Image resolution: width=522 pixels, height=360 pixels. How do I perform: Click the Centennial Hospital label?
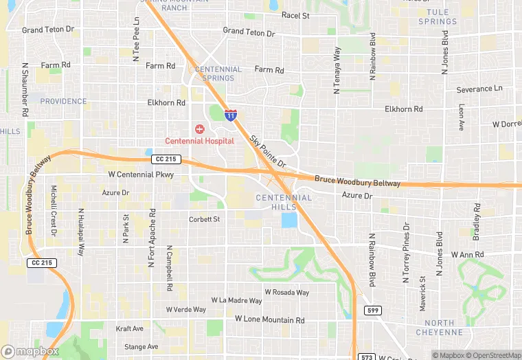198,141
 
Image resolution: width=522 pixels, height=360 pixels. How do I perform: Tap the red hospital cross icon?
199,129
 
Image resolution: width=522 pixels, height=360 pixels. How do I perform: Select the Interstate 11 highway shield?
231,115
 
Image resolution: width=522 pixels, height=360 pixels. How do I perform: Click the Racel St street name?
295,15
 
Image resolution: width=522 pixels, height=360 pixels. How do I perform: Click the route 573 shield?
366,356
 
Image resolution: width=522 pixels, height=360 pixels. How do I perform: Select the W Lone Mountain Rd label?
269,320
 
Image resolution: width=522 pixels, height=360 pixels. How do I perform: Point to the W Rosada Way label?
286,292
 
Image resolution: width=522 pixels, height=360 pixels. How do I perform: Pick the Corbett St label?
204,220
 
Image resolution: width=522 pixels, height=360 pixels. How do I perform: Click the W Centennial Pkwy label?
141,175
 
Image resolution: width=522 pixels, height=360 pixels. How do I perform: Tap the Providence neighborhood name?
63,101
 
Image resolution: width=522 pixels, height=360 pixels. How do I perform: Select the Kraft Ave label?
129,328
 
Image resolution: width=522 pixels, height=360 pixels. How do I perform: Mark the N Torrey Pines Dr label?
406,246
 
